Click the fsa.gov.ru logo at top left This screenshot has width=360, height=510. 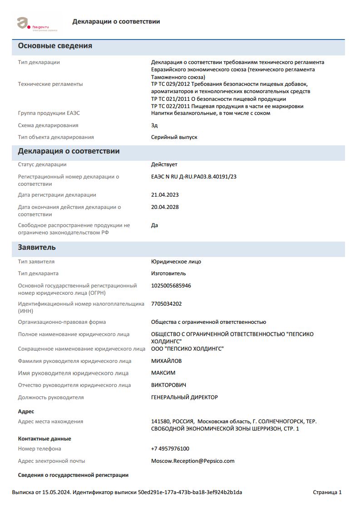pyautogui.click(x=37, y=25)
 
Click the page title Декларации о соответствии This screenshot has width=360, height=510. pyautogui.click(x=116, y=21)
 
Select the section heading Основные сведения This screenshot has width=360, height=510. pyautogui.click(x=55, y=46)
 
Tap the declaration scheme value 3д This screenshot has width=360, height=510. pyautogui.click(x=154, y=125)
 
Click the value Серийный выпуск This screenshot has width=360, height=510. pyautogui.click(x=174, y=137)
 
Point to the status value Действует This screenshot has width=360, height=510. pyautogui.click(x=164, y=164)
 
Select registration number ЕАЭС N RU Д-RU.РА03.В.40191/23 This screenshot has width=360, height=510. pyautogui.click(x=194, y=177)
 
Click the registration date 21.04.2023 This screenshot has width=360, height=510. pyautogui.click(x=165, y=195)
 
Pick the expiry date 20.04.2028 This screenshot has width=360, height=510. pyautogui.click(x=165, y=207)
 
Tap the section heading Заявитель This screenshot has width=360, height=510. pyautogui.click(x=37, y=248)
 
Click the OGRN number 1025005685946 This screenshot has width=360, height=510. pyautogui.click(x=171, y=286)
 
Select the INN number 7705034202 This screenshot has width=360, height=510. pyautogui.click(x=166, y=304)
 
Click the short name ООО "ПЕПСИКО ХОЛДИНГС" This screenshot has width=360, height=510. pyautogui.click(x=187, y=349)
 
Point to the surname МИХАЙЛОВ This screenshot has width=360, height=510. pyautogui.click(x=166, y=361)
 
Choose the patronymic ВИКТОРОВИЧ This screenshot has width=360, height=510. pyautogui.click(x=168, y=385)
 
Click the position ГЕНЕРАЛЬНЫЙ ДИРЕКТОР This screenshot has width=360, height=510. pyautogui.click(x=184, y=397)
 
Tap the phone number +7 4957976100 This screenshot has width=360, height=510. pyautogui.click(x=170, y=449)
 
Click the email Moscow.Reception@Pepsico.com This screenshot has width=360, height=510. pyautogui.click(x=192, y=461)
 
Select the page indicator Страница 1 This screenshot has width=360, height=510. pyautogui.click(x=327, y=492)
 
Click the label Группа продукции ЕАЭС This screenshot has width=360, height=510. pyautogui.click(x=49, y=113)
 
